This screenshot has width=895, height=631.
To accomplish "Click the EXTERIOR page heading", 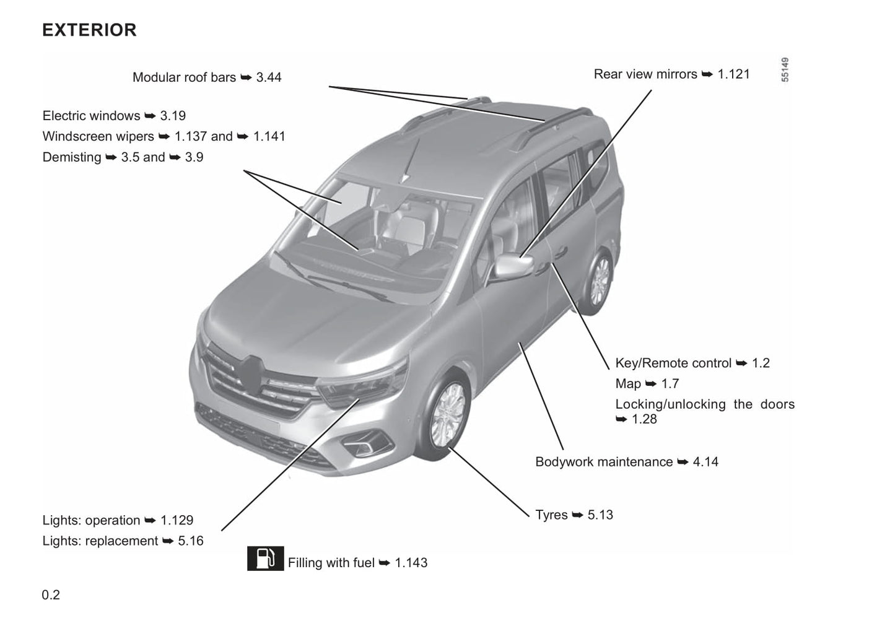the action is coord(89,30).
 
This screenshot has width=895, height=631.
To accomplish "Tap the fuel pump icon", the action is coord(265,559).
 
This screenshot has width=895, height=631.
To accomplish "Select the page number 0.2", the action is coord(51,594).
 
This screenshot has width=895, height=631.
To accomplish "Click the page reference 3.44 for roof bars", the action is coord(269,77).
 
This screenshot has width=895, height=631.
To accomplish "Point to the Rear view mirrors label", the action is coord(645,74).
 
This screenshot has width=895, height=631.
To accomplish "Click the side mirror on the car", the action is coord(514,266).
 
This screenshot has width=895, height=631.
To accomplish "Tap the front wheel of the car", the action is coord(447,416).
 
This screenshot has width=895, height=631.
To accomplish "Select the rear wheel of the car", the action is coord(598,282).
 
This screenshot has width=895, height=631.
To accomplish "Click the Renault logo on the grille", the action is coord(251,373).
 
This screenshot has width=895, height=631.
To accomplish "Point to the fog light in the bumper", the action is coord(367,443).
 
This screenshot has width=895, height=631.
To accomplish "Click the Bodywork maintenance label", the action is coord(604,462).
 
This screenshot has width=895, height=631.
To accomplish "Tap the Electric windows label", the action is coord(91,116).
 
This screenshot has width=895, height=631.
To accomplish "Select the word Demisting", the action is coord(72,157).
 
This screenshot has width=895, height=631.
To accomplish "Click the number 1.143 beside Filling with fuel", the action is coord(411,563).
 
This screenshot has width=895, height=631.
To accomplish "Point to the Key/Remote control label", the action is coord(673,363).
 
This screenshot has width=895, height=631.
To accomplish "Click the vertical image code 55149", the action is coord(785,70).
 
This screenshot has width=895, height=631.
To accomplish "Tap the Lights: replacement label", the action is coord(100,541).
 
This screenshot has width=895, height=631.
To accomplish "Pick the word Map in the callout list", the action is coord(627,384).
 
